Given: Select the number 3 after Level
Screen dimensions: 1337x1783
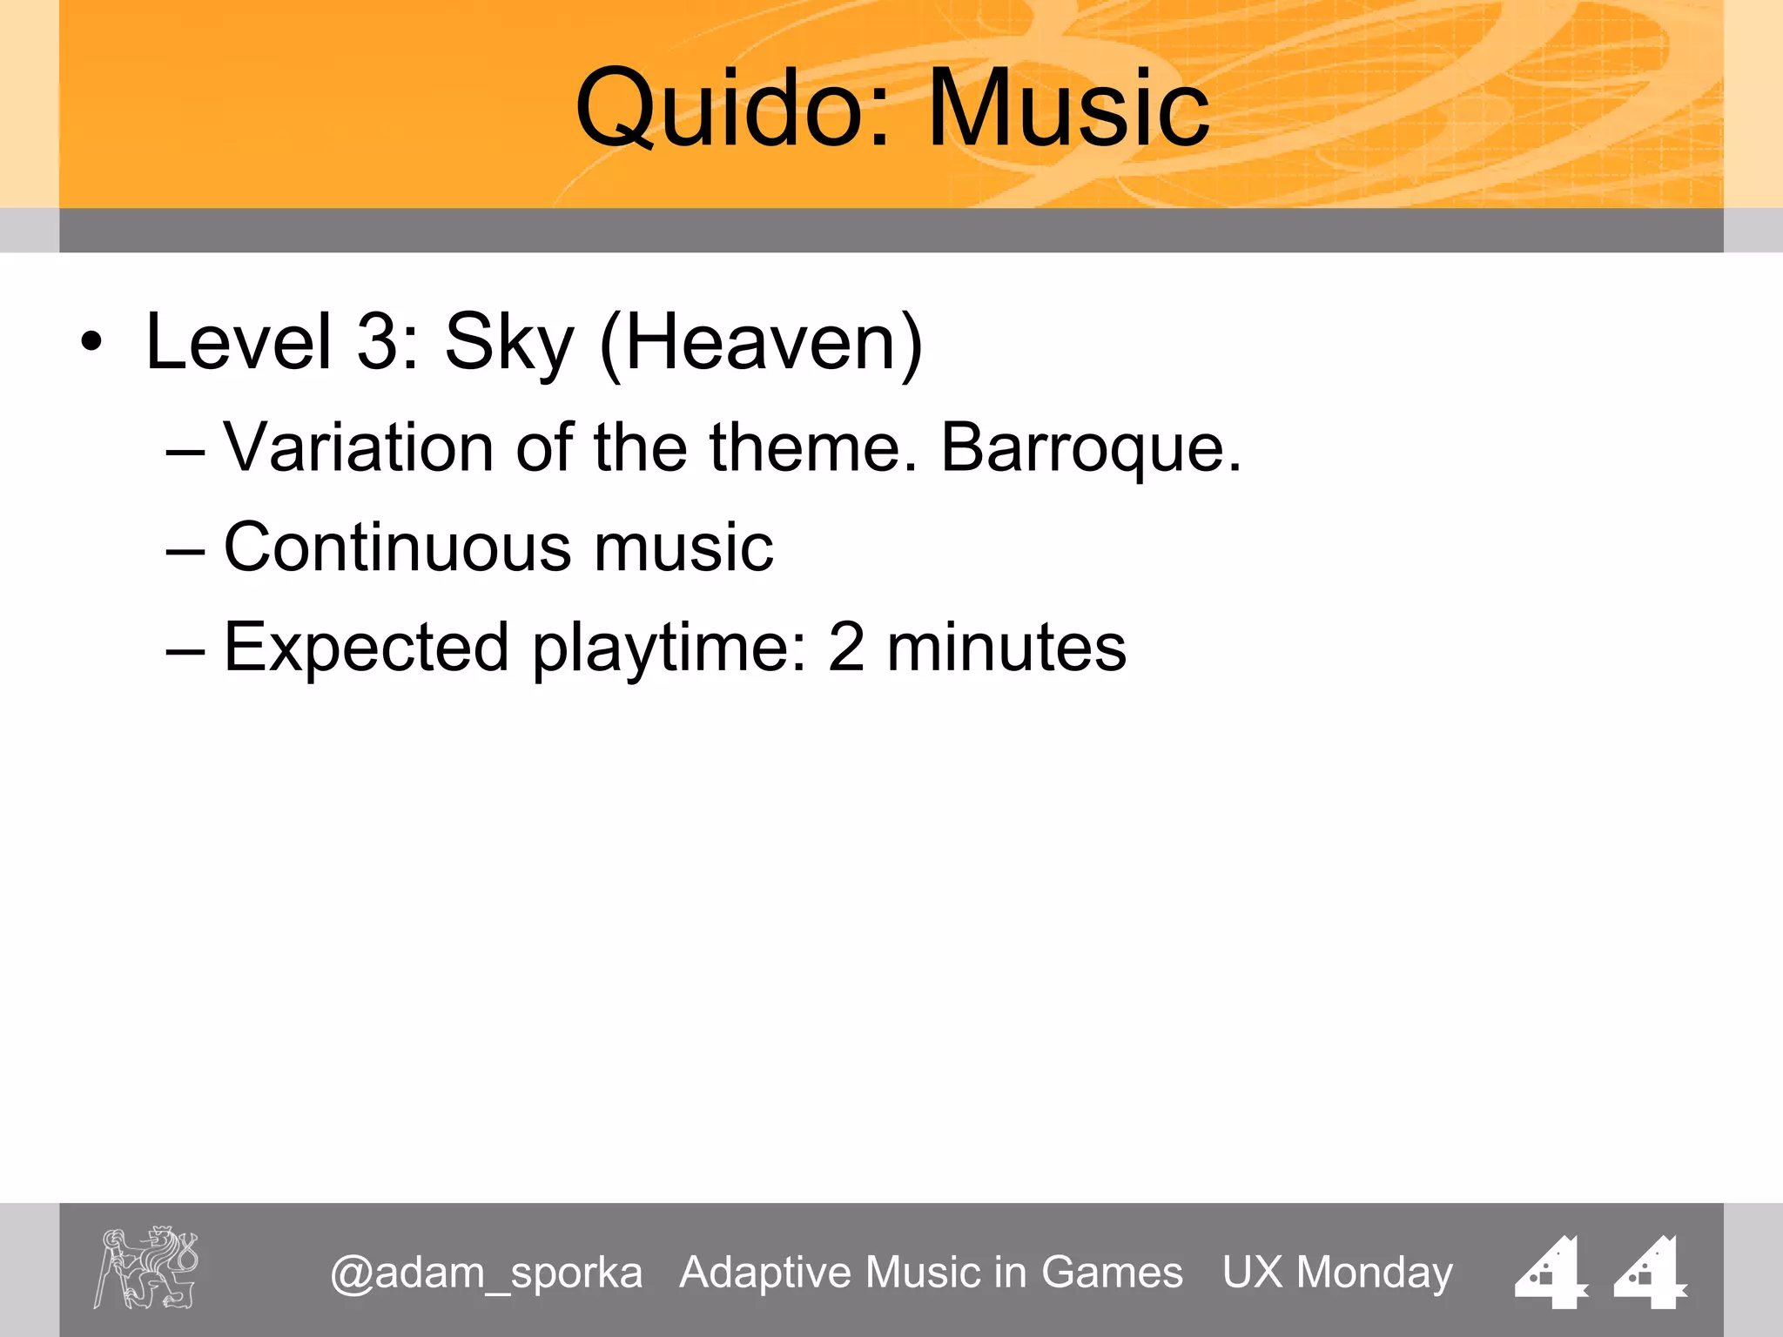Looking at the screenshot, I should click(x=377, y=342).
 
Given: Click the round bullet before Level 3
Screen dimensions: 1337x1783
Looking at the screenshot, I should click(x=91, y=343).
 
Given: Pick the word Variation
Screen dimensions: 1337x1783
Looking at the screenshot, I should click(x=358, y=447).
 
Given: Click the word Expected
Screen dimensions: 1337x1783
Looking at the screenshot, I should click(x=366, y=648).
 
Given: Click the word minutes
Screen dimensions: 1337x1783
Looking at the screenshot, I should click(x=1006, y=648).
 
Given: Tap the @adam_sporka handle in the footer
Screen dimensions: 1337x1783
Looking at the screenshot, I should click(x=486, y=1273).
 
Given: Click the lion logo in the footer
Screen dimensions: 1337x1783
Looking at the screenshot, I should click(x=146, y=1267).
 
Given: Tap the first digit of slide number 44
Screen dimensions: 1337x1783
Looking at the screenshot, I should click(x=1552, y=1272).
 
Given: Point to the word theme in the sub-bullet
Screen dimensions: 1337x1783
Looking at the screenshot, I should click(x=813, y=447).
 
